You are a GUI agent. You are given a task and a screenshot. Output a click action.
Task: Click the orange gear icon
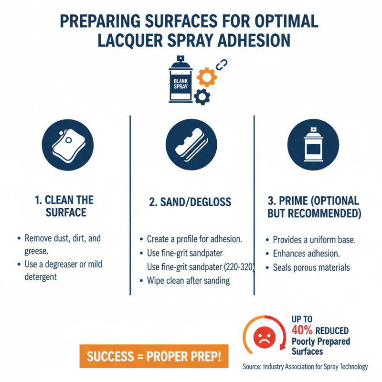(207, 77)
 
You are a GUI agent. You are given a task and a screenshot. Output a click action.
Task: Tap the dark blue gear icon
(202, 97)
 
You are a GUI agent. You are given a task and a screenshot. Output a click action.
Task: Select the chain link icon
(222, 64)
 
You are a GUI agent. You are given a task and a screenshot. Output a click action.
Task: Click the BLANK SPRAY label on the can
(180, 84)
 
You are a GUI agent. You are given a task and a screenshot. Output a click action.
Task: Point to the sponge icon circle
(68, 145)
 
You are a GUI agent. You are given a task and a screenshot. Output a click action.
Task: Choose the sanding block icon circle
(191, 145)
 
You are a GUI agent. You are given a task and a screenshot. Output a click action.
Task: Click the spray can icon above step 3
(313, 145)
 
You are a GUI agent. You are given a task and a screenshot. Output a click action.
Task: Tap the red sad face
(265, 338)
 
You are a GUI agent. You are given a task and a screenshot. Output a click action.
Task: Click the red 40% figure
(302, 330)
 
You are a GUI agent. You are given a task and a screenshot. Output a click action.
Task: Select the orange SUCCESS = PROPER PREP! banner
(154, 356)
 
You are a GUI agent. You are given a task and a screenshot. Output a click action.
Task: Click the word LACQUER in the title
(130, 41)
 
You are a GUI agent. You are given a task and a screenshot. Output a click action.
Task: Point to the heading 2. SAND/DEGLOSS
(190, 202)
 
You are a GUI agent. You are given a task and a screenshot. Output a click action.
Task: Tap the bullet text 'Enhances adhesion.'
(306, 254)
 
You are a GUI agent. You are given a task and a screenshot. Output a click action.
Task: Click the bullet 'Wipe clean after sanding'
(188, 281)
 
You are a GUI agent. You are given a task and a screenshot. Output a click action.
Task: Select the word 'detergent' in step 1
(41, 277)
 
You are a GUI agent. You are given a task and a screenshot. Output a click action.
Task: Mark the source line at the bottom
(305, 367)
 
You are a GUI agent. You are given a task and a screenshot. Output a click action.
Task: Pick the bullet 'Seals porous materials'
(311, 267)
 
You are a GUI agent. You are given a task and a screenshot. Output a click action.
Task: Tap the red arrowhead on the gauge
(283, 347)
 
